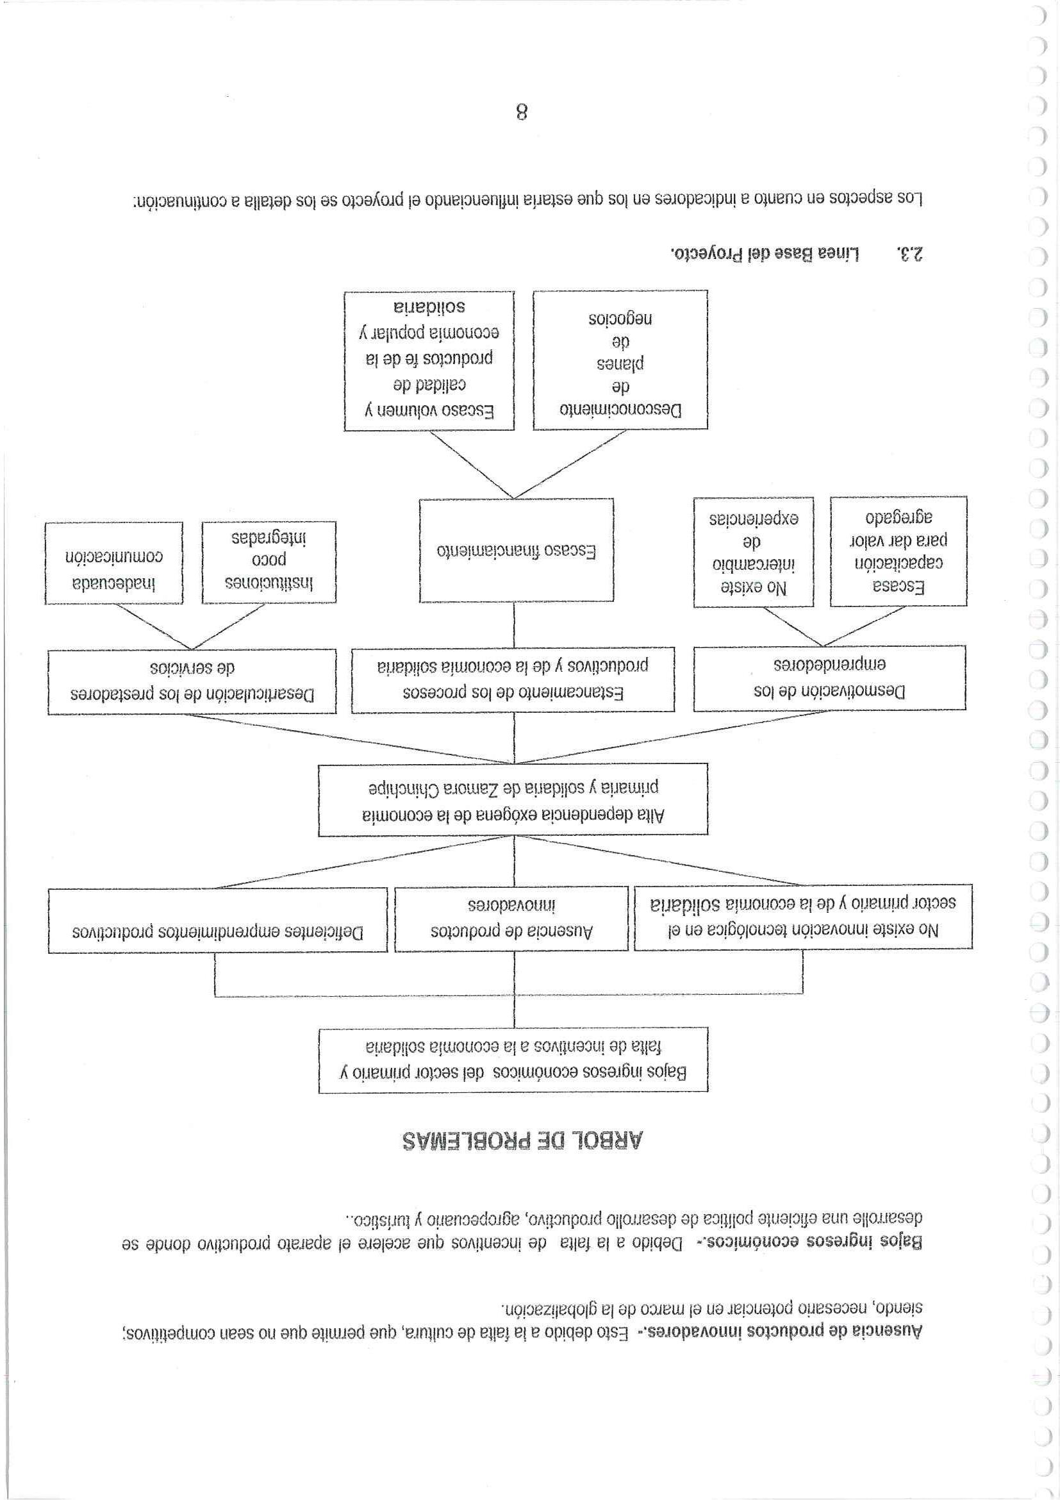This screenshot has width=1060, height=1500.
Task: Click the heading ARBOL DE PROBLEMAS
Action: (x=522, y=1140)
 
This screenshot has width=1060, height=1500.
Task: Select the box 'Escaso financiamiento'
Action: (x=516, y=551)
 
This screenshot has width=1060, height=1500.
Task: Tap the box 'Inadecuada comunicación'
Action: (x=113, y=563)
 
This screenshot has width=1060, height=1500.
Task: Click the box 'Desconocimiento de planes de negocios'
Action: (x=620, y=360)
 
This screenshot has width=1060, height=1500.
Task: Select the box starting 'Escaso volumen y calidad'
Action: (x=429, y=360)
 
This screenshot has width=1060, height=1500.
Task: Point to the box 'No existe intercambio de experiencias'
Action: (x=753, y=552)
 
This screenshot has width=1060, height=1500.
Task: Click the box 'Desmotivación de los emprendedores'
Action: (x=828, y=678)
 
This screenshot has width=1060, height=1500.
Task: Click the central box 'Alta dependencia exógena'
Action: (x=513, y=799)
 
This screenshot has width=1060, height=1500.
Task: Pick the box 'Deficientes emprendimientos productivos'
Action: (x=217, y=920)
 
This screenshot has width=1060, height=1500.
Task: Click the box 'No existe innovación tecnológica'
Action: (x=802, y=917)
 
